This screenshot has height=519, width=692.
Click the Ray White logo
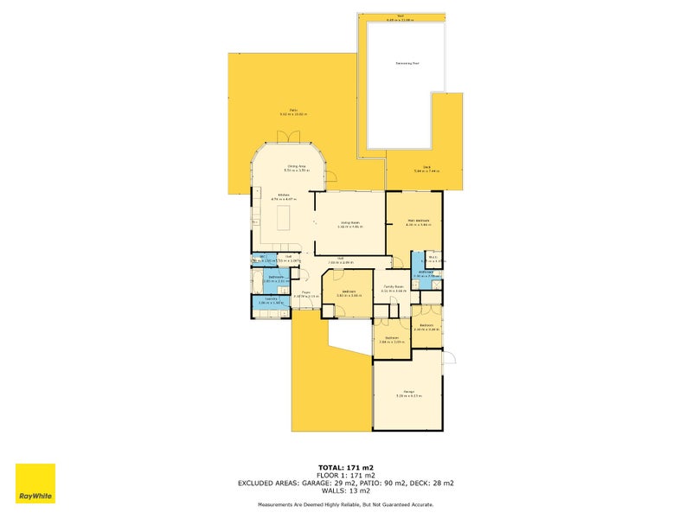point(35,484)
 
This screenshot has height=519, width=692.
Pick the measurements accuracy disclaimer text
point(345,504)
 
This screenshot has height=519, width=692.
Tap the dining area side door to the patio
point(330,178)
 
